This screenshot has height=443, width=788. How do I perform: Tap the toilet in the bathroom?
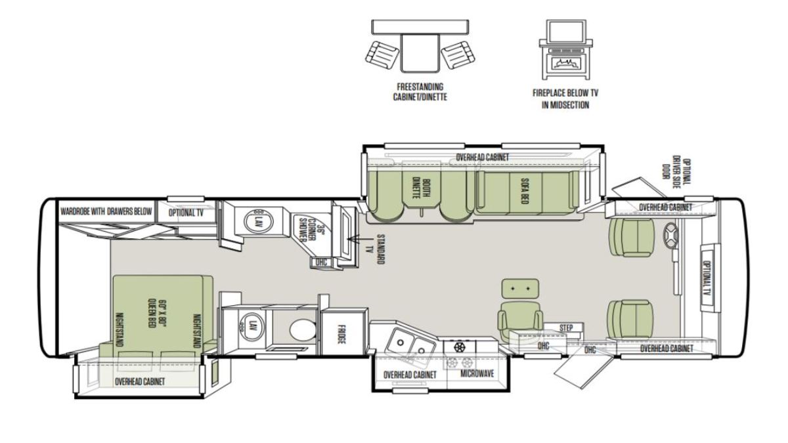pyautogui.click(x=303, y=330)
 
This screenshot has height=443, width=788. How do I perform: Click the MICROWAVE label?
pyautogui.click(x=477, y=373)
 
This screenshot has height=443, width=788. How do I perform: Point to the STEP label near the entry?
pyautogui.click(x=566, y=328)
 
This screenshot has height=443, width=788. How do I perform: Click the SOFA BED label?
pyautogui.click(x=524, y=191)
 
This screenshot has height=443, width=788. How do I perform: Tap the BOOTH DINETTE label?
pyautogui.click(x=421, y=189)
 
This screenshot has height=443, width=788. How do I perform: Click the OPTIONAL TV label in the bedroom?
pyautogui.click(x=186, y=213)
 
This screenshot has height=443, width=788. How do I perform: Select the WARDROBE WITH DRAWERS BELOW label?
pyautogui.click(x=106, y=211)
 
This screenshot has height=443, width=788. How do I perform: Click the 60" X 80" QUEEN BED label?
pyautogui.click(x=152, y=313)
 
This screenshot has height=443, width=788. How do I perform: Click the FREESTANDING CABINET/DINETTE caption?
pyautogui.click(x=420, y=92)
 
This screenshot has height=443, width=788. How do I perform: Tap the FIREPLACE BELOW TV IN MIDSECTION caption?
pyautogui.click(x=565, y=99)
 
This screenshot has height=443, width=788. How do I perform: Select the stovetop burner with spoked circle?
pyautogui.click(x=459, y=347)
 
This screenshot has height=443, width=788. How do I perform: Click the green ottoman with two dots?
pyautogui.click(x=520, y=289)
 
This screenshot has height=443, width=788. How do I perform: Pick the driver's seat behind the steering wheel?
pyautogui.click(x=632, y=238)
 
